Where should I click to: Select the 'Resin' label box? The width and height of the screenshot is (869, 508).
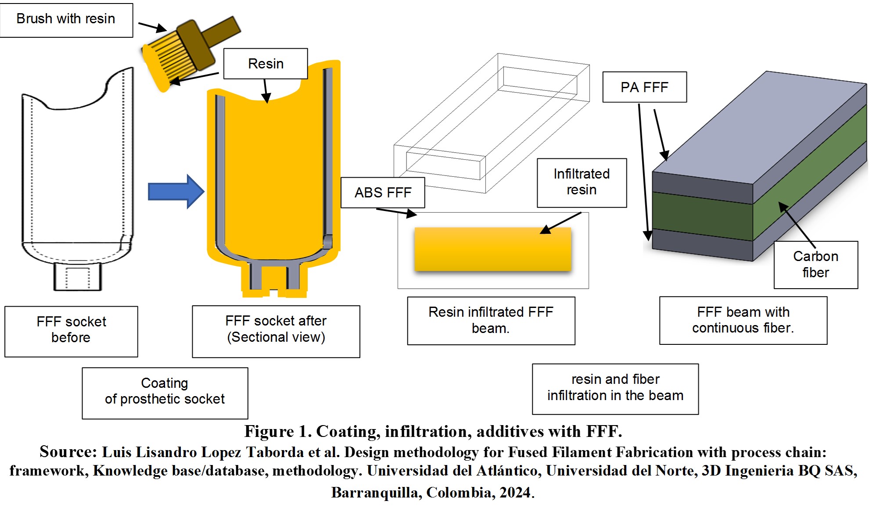[x=266, y=64]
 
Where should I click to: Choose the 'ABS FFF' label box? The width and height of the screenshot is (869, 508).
[x=383, y=193]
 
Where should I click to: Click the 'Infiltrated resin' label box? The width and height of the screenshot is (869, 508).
[x=582, y=182]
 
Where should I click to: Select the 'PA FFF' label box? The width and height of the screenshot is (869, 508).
[x=644, y=87]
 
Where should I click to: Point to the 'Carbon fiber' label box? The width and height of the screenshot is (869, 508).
[x=815, y=265]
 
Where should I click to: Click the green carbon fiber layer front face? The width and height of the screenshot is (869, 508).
[x=702, y=216]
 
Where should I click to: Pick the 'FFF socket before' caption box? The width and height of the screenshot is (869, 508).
[x=71, y=331]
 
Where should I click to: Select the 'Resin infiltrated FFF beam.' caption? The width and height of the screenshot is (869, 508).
[x=491, y=321]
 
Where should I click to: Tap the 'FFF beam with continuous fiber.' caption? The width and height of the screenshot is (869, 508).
[x=743, y=320]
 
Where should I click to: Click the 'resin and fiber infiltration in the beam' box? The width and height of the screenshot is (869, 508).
[x=615, y=389]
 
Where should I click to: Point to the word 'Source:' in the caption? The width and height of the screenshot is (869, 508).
[x=68, y=452]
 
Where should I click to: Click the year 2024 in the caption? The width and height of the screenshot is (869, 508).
[x=515, y=492]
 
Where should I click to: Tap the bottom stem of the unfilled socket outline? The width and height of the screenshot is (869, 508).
[x=77, y=277]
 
